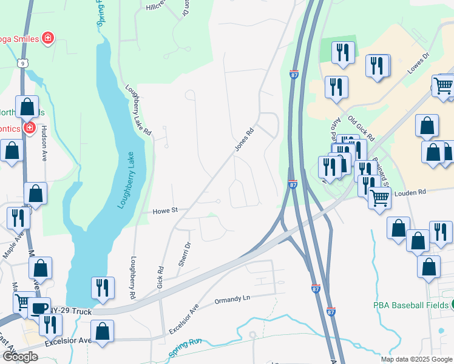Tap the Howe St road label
pyautogui.click(x=164, y=211)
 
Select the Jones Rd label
pyautogui.click(x=244, y=140)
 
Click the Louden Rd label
pyautogui.click(x=410, y=192)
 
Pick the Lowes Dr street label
pyautogui.click(x=418, y=64)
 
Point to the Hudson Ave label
pyautogui.click(x=44, y=147)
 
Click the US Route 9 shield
pyautogui.click(x=22, y=62)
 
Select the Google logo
pyautogui.click(x=19, y=356)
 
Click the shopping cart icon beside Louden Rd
pyautogui.click(x=379, y=197)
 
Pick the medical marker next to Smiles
pyautogui.click(x=47, y=39)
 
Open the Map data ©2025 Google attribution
pyautogui.click(x=416, y=359)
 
